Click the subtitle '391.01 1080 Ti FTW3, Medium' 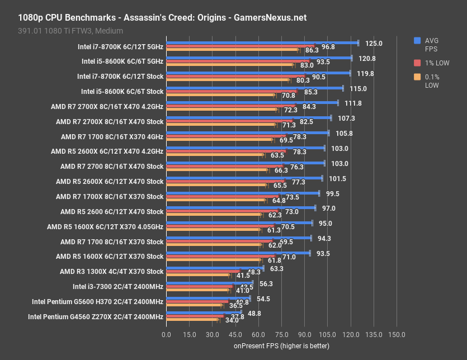pyautogui.click(x=70, y=30)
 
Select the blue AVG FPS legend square pyautogui.click(x=417, y=40)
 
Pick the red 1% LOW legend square pyautogui.click(x=417, y=62)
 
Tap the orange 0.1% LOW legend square pyautogui.click(x=417, y=77)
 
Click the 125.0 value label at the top pyautogui.click(x=374, y=43)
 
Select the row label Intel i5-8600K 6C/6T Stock pyautogui.click(x=122, y=91)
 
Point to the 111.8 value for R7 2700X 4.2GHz pyautogui.click(x=353, y=103)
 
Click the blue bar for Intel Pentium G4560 pyautogui.click(x=210, y=312)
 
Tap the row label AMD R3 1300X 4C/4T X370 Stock pyautogui.click(x=112, y=272)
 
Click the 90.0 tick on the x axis pyautogui.click(x=304, y=334)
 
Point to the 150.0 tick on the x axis pyautogui.click(x=397, y=334)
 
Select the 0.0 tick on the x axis pyautogui.click(x=167, y=334)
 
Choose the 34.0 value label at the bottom pyautogui.click(x=231, y=320)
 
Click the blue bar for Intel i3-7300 pyautogui.click(x=210, y=282)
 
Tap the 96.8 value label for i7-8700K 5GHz pyautogui.click(x=328, y=47)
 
